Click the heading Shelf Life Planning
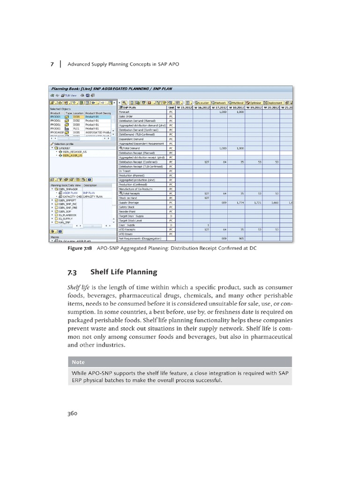click(x=124, y=271)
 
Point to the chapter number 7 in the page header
click(x=52, y=64)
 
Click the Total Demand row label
click(x=131, y=148)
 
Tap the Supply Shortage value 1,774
click(x=240, y=202)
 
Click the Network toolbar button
click(x=219, y=102)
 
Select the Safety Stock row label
click(x=127, y=207)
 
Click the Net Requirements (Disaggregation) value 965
click(x=240, y=238)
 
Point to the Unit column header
click(x=171, y=107)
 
